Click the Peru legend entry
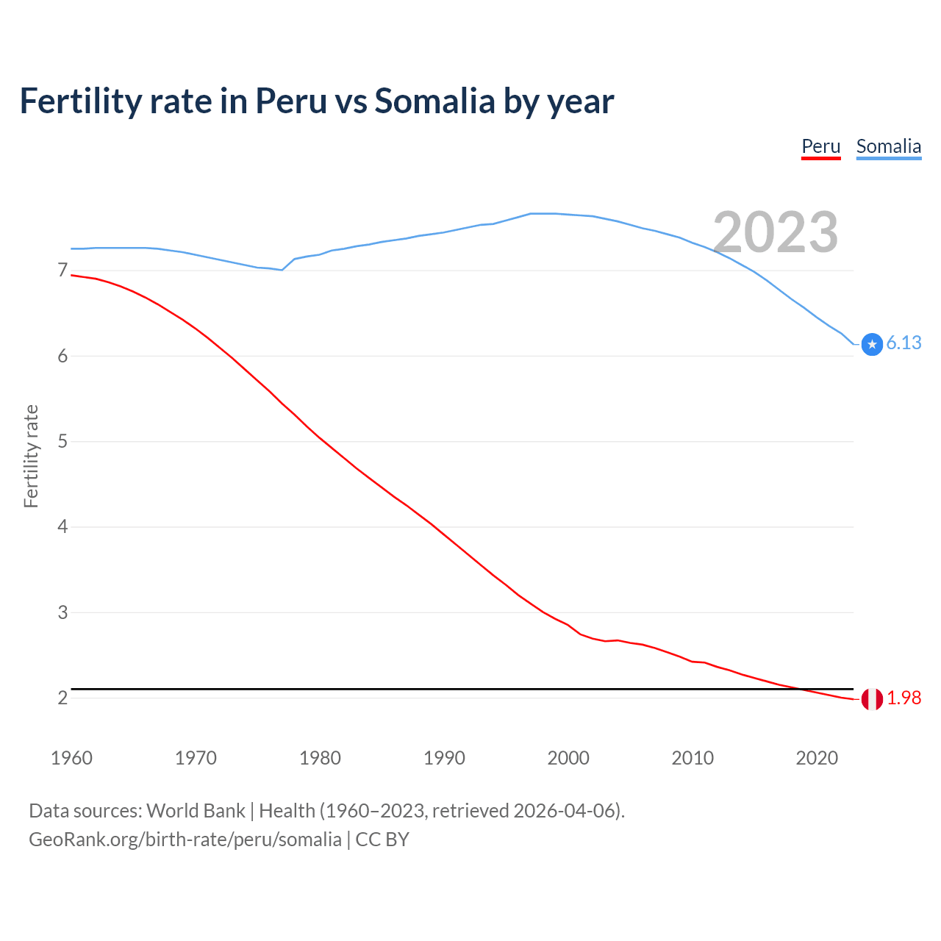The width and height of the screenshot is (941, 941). pos(820,147)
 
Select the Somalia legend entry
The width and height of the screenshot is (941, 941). pos(888,147)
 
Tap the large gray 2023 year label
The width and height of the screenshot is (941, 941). pos(775,232)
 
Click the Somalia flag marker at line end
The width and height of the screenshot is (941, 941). pos(872,344)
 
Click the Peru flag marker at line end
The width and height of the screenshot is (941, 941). pos(872,699)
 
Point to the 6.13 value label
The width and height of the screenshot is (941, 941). pos(904,343)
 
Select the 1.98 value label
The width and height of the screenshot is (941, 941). pos(904,698)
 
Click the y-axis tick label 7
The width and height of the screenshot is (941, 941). pos(62,271)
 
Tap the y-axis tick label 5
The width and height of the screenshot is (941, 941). pos(62,442)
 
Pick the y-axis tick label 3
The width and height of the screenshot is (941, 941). pos(62,612)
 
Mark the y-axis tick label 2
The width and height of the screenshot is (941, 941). pos(62,698)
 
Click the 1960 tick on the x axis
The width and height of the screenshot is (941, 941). pos(71,758)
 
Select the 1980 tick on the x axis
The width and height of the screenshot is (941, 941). pos(320,758)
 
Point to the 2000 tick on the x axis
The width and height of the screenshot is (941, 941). pos(568,758)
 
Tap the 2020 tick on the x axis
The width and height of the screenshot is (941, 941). pos(817,758)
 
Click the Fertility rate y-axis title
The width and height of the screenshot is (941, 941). pos(31,456)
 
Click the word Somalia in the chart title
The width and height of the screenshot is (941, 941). pos(434,101)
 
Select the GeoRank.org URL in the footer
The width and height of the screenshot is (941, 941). pos(185,840)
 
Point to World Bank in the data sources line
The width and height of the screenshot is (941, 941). pos(196,811)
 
